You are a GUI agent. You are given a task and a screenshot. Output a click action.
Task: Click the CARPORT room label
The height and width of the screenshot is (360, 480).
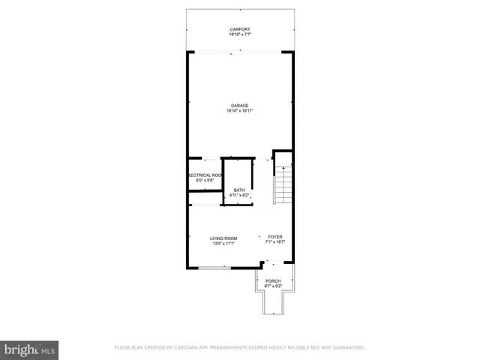pos(239,30)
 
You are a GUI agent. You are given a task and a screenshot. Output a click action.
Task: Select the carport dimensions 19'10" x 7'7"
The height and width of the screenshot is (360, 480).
pos(239,35)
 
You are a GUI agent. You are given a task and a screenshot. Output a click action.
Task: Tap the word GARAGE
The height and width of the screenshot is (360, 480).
pos(239,105)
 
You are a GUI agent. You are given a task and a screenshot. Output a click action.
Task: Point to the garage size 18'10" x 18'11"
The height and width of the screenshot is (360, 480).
pos(239,110)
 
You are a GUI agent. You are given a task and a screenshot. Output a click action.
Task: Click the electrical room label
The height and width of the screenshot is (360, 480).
pos(204,175)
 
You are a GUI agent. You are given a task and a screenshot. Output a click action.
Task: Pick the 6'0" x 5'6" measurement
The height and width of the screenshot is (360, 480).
pos(205,180)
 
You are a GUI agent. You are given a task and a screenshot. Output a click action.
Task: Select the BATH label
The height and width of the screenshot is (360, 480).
pos(239,190)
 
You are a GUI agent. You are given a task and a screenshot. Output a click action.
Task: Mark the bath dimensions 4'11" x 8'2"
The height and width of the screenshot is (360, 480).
pos(239,195)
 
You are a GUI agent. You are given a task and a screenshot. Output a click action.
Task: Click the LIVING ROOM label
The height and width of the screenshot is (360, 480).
pos(223,238)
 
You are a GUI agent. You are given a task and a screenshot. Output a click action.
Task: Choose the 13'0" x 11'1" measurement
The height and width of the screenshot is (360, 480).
pos(223,243)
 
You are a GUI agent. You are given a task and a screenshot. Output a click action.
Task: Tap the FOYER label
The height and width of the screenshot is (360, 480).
pos(274,237)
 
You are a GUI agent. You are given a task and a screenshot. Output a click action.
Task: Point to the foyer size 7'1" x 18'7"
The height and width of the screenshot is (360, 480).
pos(274,242)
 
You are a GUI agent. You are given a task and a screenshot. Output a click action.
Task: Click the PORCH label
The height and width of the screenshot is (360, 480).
pos(272,280)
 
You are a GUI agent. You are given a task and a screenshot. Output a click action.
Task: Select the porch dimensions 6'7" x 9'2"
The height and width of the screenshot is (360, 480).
pos(272,286)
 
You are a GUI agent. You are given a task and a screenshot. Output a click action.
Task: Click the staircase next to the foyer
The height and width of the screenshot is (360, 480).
pos(283,185)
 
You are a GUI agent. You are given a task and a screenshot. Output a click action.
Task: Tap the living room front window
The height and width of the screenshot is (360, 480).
pos(214,268)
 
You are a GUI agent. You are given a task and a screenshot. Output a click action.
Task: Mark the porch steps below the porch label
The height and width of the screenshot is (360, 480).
pos(272,303)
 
